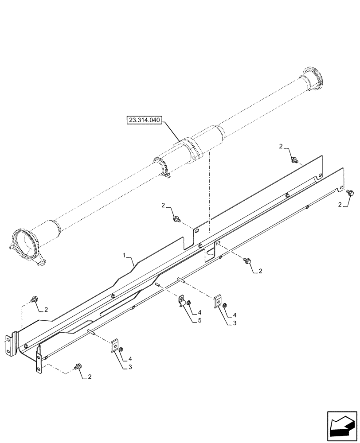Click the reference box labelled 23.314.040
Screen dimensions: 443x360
pyautogui.click(x=145, y=120)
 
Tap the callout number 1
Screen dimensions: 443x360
pyautogui.click(x=125, y=256)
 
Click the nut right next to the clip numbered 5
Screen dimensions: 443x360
pyautogui.click(x=189, y=303)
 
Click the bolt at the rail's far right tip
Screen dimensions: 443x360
pyautogui.click(x=351, y=192)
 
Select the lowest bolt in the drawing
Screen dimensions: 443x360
pyautogui.click(x=78, y=366)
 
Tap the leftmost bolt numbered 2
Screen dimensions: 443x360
pyautogui.click(x=34, y=300)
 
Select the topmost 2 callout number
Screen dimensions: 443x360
pyautogui.click(x=281, y=147)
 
